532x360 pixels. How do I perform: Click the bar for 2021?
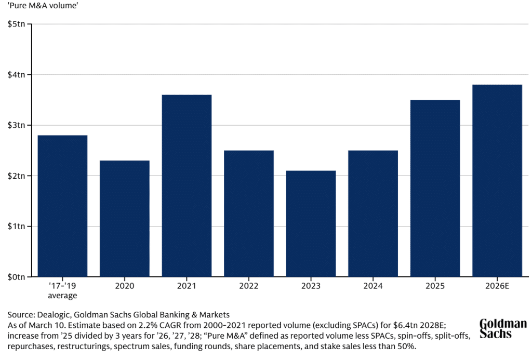187,185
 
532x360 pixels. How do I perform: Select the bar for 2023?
311,223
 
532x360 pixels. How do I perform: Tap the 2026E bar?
497,180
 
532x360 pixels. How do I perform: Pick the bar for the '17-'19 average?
62,206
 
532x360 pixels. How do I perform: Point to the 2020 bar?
125,218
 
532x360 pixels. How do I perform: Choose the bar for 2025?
435,188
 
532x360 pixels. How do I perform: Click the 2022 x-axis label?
249,286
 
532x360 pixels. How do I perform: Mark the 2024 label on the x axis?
373,286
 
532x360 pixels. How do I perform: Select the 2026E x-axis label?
497,286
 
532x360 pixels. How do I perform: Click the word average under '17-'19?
62,296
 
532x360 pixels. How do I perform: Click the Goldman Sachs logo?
502,328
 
